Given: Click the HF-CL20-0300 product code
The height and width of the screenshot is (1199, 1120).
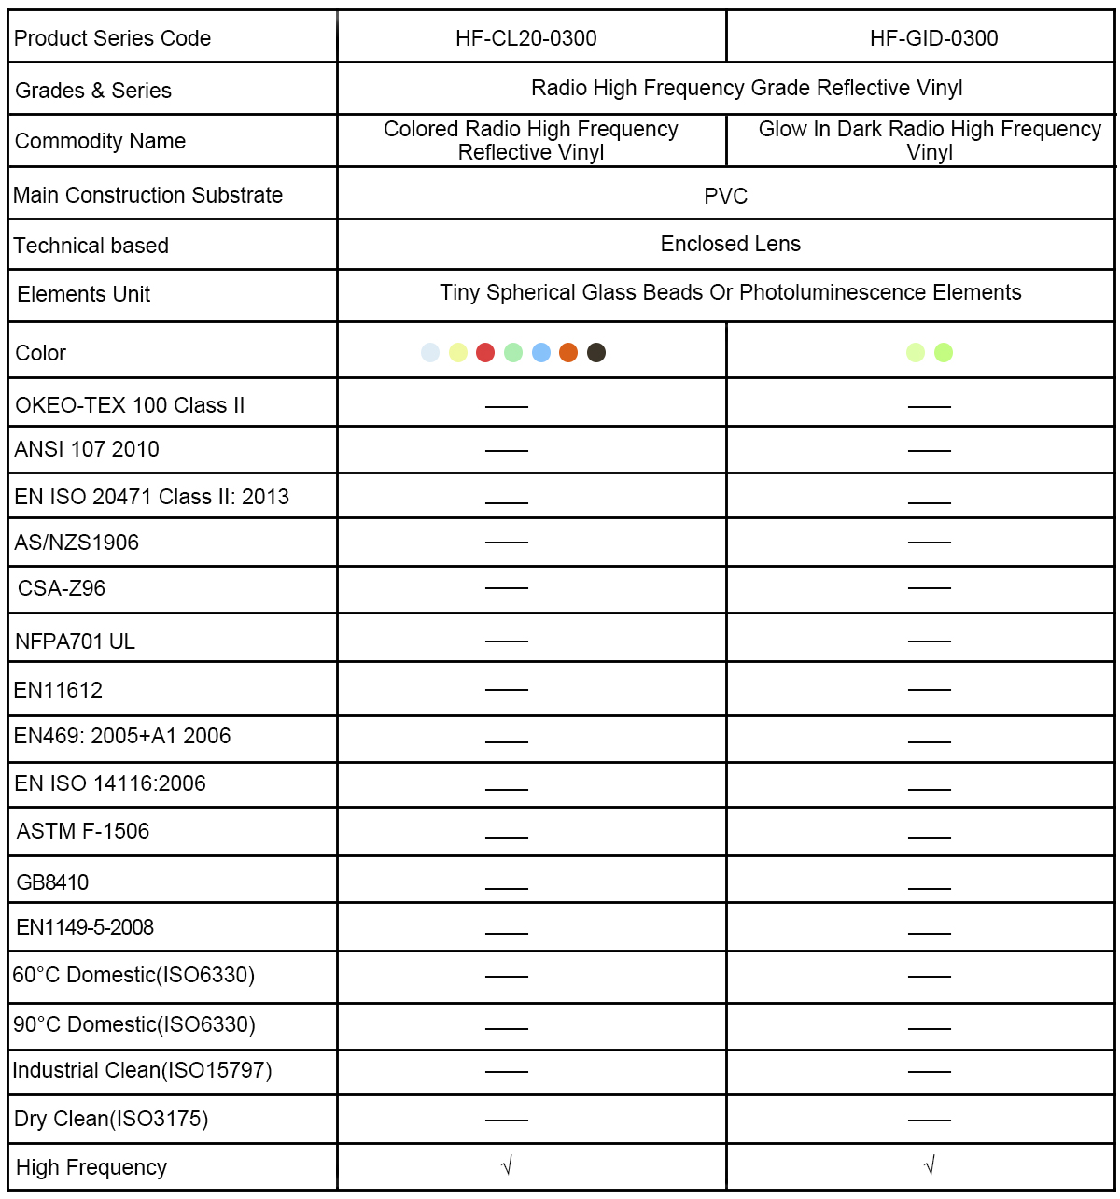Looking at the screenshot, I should click(525, 38).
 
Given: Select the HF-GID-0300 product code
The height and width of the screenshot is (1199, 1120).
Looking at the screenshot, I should click(933, 38).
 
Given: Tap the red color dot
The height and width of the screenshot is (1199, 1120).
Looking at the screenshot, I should click(485, 352).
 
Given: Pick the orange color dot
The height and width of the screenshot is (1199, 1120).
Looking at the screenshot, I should click(568, 352).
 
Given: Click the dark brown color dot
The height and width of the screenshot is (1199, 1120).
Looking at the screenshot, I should click(596, 352).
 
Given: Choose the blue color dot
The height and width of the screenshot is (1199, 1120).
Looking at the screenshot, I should click(541, 352).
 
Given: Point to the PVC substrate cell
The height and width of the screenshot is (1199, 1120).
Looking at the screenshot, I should click(725, 196).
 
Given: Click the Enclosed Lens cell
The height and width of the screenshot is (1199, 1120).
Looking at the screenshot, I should click(730, 244).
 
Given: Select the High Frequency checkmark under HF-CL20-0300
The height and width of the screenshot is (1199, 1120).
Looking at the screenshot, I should click(507, 1165).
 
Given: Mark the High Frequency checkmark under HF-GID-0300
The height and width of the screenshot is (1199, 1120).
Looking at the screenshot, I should click(929, 1165).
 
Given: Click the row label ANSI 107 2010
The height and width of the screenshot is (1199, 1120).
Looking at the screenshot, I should click(87, 449).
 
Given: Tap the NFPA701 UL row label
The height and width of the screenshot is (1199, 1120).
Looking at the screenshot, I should click(75, 642).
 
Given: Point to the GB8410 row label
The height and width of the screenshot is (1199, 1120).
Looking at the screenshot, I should click(52, 882).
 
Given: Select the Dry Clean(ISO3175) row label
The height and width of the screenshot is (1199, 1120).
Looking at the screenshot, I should click(111, 1119).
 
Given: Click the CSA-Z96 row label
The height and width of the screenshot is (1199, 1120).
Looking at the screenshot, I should click(62, 588).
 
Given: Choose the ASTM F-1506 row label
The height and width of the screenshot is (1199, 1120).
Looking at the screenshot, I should click(83, 831).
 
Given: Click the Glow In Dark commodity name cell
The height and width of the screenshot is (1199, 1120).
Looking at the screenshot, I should click(930, 140).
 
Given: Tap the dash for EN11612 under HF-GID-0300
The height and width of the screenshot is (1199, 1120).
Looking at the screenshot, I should click(929, 689).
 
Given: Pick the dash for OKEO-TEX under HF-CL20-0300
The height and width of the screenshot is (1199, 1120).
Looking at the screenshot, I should click(507, 407).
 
